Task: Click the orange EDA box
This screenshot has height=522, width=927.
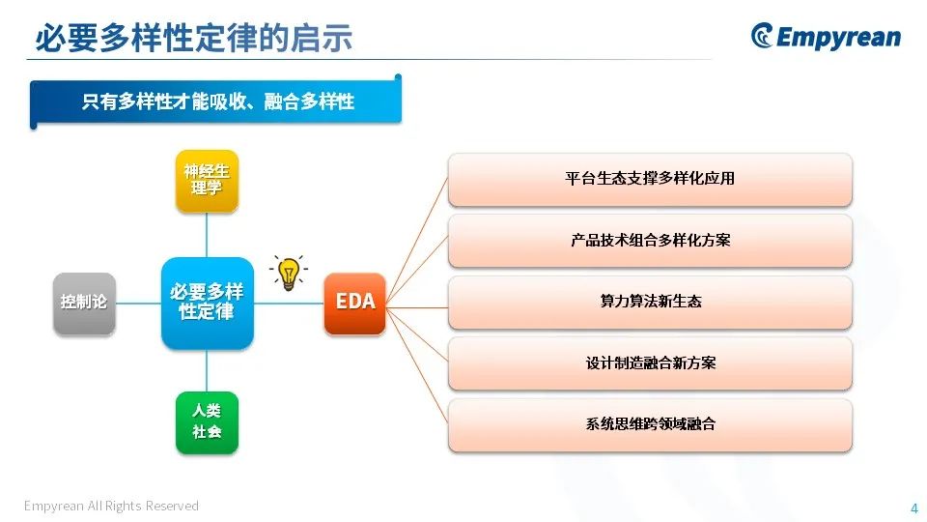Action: pos(354,303)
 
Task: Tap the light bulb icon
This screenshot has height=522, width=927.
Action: pos(289,273)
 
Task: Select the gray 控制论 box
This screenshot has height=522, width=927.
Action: pos(84,303)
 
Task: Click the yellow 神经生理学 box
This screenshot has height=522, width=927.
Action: pos(207,181)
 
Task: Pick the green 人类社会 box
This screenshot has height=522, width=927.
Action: pos(207,422)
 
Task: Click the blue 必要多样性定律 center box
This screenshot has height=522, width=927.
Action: pos(207,303)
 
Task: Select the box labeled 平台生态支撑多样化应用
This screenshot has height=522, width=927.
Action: pos(650,180)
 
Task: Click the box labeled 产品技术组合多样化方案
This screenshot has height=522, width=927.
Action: pos(650,241)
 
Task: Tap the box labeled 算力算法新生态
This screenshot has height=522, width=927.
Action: pos(650,303)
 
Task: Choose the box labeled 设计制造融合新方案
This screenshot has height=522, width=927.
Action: pos(650,363)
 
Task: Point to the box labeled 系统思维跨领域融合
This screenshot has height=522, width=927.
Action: pos(650,425)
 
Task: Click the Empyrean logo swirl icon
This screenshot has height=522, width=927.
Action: pos(762,36)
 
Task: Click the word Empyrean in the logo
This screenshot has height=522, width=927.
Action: pos(838,38)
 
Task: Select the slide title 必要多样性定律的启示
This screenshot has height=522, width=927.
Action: pos(194,38)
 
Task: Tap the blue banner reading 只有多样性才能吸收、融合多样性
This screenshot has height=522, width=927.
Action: pos(215,101)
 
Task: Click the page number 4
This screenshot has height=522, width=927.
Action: pos(914,507)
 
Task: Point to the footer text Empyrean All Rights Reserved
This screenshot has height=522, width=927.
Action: pos(111,506)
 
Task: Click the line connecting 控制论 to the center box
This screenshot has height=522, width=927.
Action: pos(138,303)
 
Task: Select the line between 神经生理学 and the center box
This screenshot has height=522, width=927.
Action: pos(207,235)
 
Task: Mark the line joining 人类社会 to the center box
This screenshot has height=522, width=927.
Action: pos(207,370)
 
